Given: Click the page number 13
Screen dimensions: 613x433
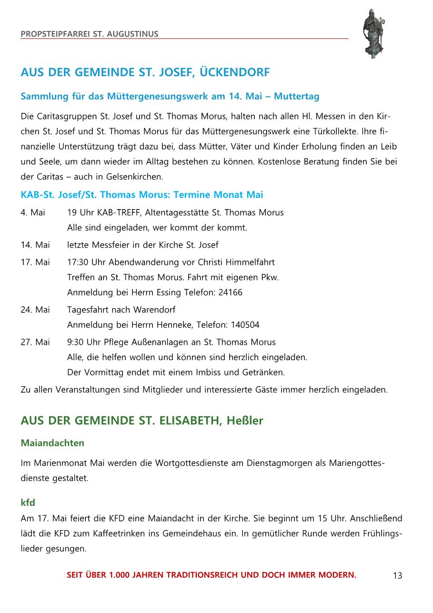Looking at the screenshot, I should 397,575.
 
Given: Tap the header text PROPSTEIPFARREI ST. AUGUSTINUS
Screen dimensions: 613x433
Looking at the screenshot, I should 90,34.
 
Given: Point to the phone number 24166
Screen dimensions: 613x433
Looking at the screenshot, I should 230,292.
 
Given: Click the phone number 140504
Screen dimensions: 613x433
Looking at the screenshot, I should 245,325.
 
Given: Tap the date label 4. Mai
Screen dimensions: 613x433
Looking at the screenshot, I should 33,212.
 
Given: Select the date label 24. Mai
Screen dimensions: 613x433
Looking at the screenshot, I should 35,310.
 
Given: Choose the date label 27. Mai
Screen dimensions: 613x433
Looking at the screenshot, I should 35,342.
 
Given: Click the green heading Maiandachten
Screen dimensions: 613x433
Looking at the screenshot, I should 52,443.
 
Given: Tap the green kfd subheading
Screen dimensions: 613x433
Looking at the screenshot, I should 28,502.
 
